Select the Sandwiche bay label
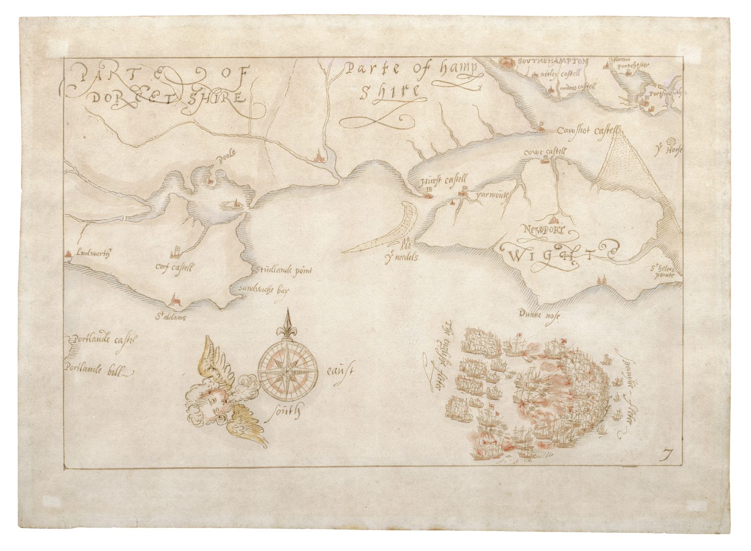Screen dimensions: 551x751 (x=264, y=289)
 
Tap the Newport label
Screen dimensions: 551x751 (x=543, y=229)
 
